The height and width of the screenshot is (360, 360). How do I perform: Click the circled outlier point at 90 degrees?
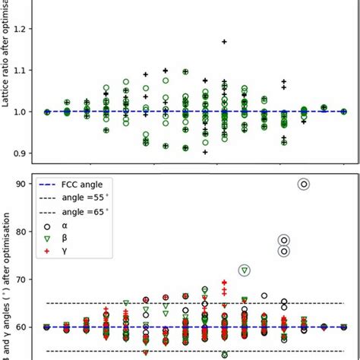[x=304, y=184]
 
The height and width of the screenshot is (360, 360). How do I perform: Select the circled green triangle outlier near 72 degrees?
[x=244, y=270]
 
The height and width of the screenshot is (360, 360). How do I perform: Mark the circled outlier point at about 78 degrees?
[x=284, y=240]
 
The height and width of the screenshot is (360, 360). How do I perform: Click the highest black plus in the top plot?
[x=224, y=42]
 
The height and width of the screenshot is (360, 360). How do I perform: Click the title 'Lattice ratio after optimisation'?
[x=8, y=65]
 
